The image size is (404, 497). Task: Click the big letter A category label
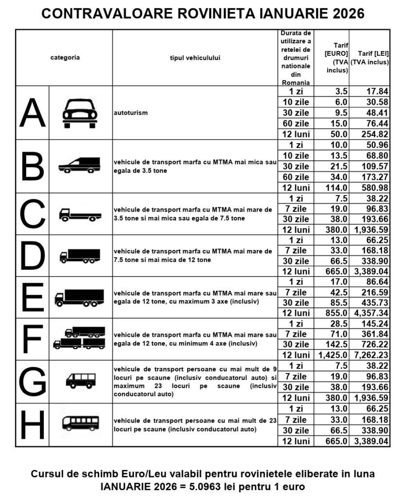click(32, 113)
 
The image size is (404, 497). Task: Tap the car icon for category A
click(80, 114)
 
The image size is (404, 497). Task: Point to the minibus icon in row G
click(80, 381)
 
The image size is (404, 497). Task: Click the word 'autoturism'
click(130, 112)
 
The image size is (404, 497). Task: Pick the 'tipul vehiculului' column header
click(195, 57)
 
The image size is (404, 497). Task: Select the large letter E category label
click(32, 297)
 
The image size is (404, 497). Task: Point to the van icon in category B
click(80, 166)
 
